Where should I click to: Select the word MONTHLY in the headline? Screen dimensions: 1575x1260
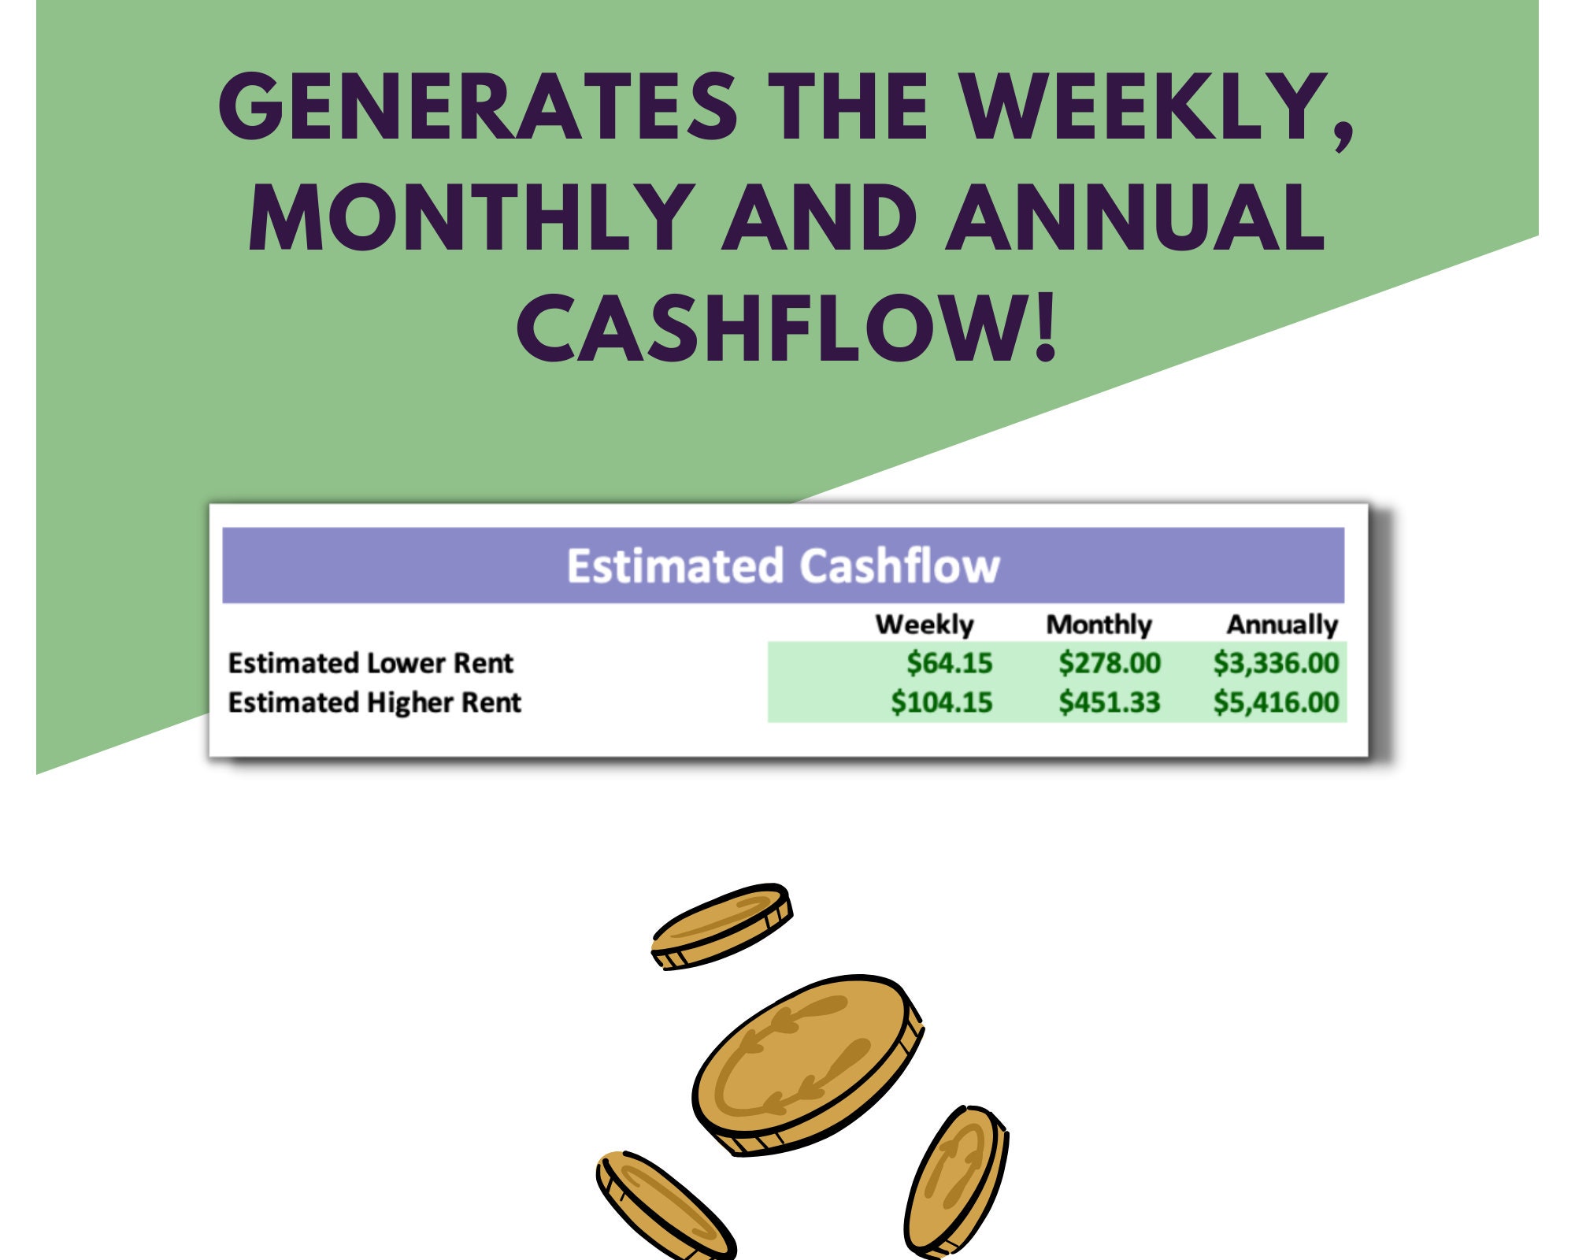pyautogui.click(x=472, y=217)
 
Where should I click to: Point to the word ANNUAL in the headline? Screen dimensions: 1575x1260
pyautogui.click(x=1135, y=217)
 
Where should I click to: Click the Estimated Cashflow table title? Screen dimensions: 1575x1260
pyautogui.click(x=784, y=565)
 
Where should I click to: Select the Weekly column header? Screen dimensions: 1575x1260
pyautogui.click(x=925, y=624)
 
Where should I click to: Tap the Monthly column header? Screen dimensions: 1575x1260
pyautogui.click(x=1099, y=624)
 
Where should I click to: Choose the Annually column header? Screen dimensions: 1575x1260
pyautogui.click(x=1282, y=624)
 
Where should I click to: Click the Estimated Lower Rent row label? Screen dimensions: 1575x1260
pyautogui.click(x=370, y=663)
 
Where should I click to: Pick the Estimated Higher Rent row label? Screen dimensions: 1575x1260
pyautogui.click(x=374, y=702)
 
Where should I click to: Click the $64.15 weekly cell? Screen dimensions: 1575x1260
pyautogui.click(x=950, y=663)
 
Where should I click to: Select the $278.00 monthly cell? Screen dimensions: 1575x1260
pyautogui.click(x=1110, y=663)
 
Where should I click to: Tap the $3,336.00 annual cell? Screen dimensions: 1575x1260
pyautogui.click(x=1276, y=663)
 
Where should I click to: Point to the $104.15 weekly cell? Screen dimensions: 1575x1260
pyautogui.click(x=942, y=702)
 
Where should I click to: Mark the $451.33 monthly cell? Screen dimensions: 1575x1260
pyautogui.click(x=1110, y=702)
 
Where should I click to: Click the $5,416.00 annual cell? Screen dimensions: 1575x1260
pyautogui.click(x=1276, y=702)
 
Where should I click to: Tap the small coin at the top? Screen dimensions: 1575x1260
pyautogui.click(x=721, y=926)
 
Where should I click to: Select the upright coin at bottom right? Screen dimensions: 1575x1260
pyautogui.click(x=956, y=1181)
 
